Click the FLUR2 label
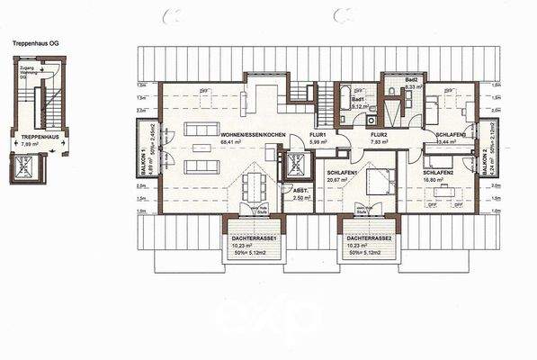[378, 133]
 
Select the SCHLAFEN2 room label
[436, 172]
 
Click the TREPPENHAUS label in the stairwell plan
[37, 137]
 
